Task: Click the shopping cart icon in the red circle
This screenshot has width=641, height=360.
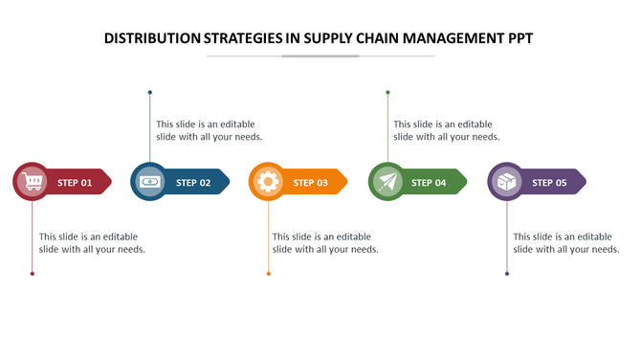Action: click(33, 181)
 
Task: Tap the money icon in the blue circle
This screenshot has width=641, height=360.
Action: click(150, 181)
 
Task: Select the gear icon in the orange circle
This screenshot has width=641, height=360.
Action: click(268, 181)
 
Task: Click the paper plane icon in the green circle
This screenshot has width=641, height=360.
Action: click(387, 181)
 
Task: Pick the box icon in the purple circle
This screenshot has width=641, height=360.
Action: click(507, 181)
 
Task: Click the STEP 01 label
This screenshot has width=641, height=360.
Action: click(75, 182)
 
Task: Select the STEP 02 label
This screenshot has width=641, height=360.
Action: click(193, 182)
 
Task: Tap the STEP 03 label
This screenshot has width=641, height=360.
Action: click(310, 182)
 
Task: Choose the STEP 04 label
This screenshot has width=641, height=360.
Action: click(429, 182)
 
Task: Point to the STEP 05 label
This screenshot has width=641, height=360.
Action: click(549, 182)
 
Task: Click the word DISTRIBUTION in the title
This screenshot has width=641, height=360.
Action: click(151, 39)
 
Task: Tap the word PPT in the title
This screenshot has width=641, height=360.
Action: click(517, 39)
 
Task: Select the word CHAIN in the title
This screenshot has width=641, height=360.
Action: click(387, 39)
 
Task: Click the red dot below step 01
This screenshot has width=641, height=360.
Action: click(33, 274)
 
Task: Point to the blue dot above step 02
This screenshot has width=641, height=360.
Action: click(150, 93)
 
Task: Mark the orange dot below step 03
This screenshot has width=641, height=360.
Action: click(269, 274)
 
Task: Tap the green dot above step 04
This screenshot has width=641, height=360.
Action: click(387, 93)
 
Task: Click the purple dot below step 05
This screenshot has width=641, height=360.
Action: click(507, 274)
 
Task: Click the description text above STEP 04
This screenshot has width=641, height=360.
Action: click(446, 130)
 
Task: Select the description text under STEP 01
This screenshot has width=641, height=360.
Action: click(92, 243)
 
